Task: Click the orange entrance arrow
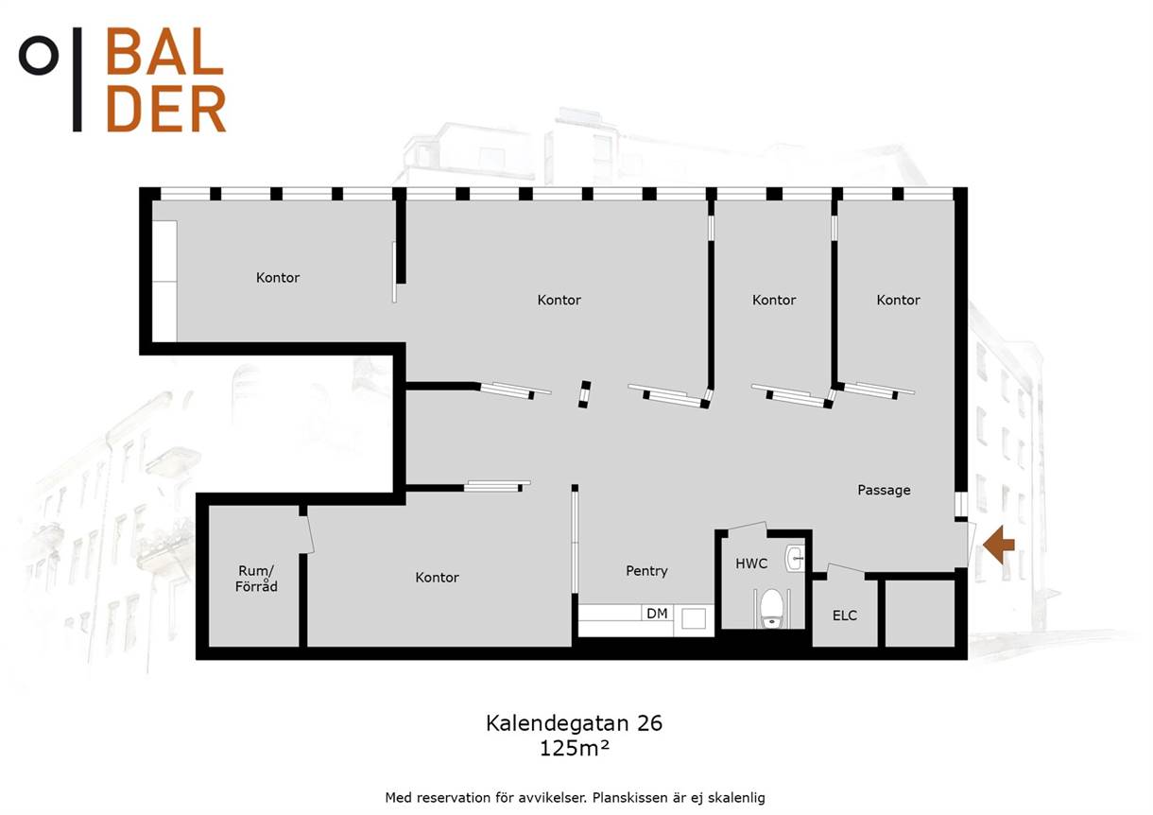tap(999, 545)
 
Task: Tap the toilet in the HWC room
tap(771, 609)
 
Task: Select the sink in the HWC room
tap(795, 559)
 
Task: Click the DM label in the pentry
tap(657, 614)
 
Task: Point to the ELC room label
tap(845, 616)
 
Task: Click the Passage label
tap(884, 490)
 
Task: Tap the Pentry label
tap(646, 571)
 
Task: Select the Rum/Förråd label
tap(256, 579)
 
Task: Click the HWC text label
tap(751, 564)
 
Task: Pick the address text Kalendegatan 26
tap(574, 723)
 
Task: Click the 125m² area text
tap(574, 748)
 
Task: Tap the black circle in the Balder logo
tap(39, 55)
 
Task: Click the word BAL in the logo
tap(164, 51)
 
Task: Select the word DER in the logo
tap(166, 109)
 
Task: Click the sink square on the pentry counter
tap(694, 619)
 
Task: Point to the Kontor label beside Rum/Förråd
tap(437, 578)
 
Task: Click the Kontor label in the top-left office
tap(278, 278)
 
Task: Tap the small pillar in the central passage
tap(584, 394)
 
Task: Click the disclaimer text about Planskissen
tap(575, 798)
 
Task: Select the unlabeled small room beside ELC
tap(920, 614)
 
